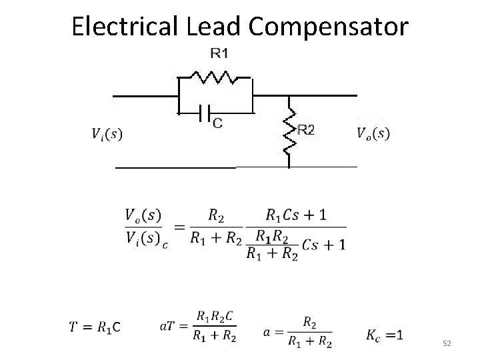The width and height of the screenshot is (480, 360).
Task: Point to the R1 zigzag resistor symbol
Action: click(x=215, y=77)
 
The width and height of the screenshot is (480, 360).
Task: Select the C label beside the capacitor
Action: click(x=218, y=122)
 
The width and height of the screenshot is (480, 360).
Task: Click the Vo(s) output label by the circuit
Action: click(x=373, y=133)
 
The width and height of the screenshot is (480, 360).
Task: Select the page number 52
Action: click(x=447, y=343)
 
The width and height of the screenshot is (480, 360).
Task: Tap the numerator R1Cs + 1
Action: click(x=295, y=215)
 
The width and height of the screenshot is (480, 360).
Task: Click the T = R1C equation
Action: click(x=95, y=327)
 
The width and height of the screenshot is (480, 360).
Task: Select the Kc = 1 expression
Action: click(x=385, y=333)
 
